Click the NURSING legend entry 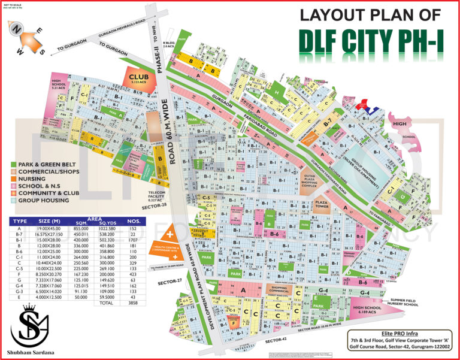[35, 179]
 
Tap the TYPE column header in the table [20, 221]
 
